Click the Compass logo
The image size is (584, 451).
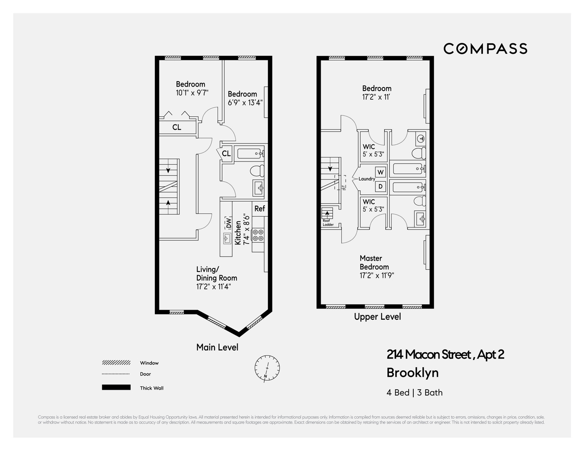(485, 49)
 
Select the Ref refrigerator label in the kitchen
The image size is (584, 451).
(259, 208)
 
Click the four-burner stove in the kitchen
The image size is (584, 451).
(258, 235)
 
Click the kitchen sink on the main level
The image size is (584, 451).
(227, 238)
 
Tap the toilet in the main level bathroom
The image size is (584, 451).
(257, 171)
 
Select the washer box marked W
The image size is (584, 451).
(381, 172)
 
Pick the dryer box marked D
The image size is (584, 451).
(381, 186)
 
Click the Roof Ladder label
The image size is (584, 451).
(328, 222)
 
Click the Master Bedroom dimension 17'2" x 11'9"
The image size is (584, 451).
(377, 276)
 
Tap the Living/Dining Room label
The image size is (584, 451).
(216, 274)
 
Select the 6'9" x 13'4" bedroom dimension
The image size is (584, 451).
(245, 102)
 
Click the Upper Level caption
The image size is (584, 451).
(377, 317)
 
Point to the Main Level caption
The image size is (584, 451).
(217, 347)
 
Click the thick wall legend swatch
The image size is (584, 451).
(116, 387)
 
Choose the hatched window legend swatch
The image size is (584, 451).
(116, 363)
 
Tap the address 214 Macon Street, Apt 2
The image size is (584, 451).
(445, 354)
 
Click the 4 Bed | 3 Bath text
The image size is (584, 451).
(414, 392)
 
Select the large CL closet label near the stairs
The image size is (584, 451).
(177, 127)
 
